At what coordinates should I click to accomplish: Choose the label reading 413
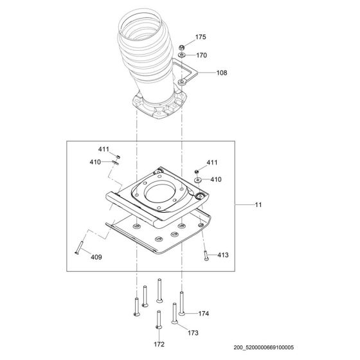[x=222, y=255]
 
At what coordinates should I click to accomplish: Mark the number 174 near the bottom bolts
[x=204, y=314]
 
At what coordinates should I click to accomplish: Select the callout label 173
[x=193, y=333]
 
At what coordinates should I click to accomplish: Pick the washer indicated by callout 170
[x=184, y=57]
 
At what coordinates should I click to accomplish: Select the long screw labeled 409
[x=79, y=244]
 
